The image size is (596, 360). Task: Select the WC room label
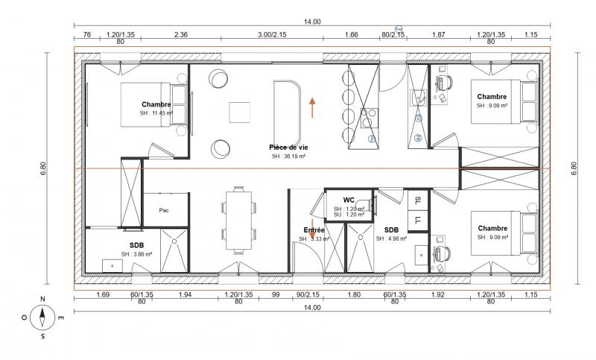(348, 200)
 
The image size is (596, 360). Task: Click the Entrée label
(313, 230)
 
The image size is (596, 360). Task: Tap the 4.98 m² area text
(391, 239)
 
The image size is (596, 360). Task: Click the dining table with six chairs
(239, 218)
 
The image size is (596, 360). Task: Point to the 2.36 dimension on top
(180, 34)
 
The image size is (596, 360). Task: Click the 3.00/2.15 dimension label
(272, 34)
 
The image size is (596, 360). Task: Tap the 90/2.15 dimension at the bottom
(308, 295)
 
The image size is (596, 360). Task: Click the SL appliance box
(418, 200)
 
